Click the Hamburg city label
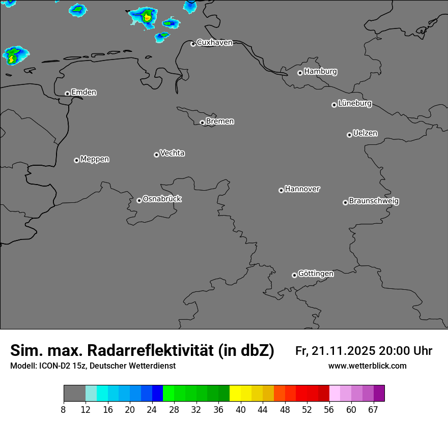click(x=320, y=72)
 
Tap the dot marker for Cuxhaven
click(x=193, y=44)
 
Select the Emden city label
click(x=83, y=93)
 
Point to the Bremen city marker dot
click(x=202, y=123)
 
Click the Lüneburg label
click(x=354, y=104)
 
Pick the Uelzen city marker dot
click(x=349, y=135)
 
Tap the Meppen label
click(x=95, y=159)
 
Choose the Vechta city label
click(x=172, y=153)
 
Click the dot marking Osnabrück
click(x=139, y=200)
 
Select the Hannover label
click(x=302, y=189)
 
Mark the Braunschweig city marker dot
click(x=345, y=202)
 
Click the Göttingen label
click(x=316, y=274)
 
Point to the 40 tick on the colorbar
click(x=241, y=409)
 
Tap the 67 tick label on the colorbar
click(x=373, y=409)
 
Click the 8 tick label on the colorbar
click(x=64, y=409)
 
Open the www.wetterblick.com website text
click(x=367, y=366)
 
